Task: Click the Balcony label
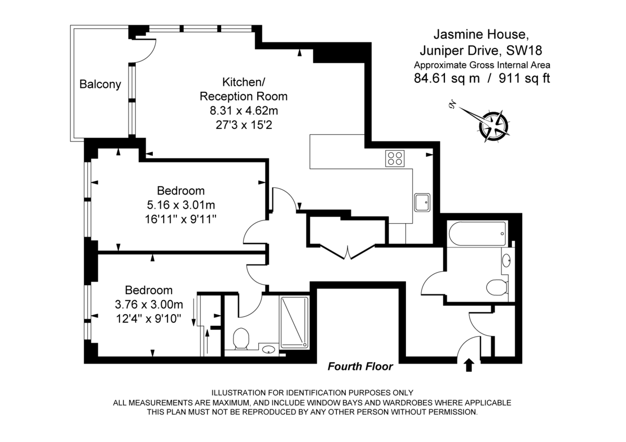pos(100,84)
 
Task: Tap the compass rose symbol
pos(493,125)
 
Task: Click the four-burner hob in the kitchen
pos(395,158)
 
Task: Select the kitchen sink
pos(422,202)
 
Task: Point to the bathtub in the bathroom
pos(477,235)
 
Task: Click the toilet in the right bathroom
pos(496,287)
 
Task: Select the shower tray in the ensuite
pos(294,322)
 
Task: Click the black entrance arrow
pos(468,365)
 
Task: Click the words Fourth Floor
pos(360,366)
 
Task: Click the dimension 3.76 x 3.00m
pos(149,304)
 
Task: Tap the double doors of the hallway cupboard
pos(347,252)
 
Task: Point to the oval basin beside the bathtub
pos(506,259)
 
